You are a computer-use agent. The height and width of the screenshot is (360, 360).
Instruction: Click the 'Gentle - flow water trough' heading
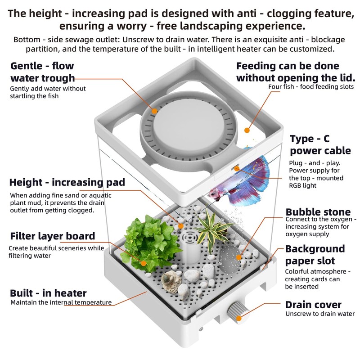tap(42, 72)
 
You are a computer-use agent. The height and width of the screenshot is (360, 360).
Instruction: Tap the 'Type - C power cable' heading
tap(320, 144)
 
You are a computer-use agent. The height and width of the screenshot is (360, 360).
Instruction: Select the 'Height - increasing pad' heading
tap(67, 183)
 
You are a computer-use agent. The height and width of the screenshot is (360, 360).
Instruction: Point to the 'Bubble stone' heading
tap(318, 212)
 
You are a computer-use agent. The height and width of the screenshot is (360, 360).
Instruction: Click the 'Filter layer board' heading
tap(52, 236)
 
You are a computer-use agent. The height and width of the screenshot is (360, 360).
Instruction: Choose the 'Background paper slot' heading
tap(315, 255)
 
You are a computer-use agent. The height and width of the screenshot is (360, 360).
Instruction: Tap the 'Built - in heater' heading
tap(48, 293)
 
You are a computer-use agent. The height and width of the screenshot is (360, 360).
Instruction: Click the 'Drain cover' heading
tap(313, 305)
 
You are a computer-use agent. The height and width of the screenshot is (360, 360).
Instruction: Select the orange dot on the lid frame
tap(247, 130)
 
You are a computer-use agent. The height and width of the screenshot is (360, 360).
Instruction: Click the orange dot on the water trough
tap(154, 110)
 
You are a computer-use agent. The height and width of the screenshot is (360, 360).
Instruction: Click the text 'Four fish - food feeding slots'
tap(311, 87)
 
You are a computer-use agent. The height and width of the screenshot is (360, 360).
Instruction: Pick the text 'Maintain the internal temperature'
tap(61, 302)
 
